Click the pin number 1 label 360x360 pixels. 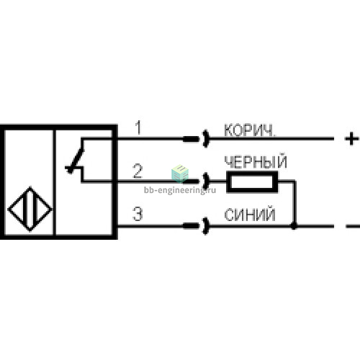138,127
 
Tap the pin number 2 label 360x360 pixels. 138,171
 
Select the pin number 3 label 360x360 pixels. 138,214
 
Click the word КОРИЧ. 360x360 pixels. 250,130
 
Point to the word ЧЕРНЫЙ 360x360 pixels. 256,161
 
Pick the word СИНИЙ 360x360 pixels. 250,215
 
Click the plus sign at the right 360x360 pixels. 351,138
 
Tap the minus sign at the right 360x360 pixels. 353,226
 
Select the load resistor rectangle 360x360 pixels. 252,181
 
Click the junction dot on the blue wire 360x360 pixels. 294,226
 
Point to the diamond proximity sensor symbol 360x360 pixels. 30,209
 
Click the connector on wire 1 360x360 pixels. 196,139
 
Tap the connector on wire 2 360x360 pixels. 196,181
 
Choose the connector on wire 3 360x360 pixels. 196,226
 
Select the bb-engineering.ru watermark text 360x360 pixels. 180,190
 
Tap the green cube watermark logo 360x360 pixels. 180,174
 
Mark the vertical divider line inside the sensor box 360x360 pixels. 55,182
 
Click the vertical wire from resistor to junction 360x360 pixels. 294,203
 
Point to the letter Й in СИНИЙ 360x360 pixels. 270,214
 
